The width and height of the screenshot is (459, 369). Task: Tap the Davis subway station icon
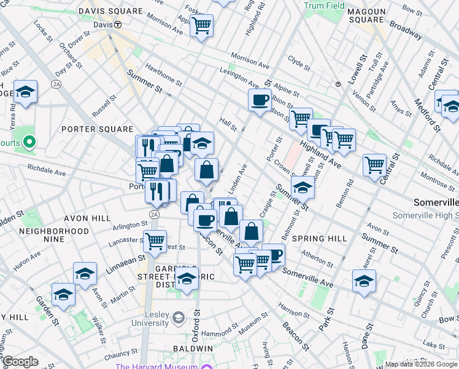tap(117, 25)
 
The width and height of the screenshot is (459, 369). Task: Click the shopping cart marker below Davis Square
tap(201, 26)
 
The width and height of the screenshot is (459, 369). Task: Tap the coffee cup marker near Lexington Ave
tap(260, 100)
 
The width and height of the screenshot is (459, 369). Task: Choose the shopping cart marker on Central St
tap(374, 164)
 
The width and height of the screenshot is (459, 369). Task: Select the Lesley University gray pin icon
tap(179, 318)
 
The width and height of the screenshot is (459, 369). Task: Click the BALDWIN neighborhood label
tap(193, 348)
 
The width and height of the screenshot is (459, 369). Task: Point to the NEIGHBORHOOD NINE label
tap(54, 236)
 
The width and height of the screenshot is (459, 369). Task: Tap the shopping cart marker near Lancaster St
tap(155, 240)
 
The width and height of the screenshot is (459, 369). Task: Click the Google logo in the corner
tap(20, 362)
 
